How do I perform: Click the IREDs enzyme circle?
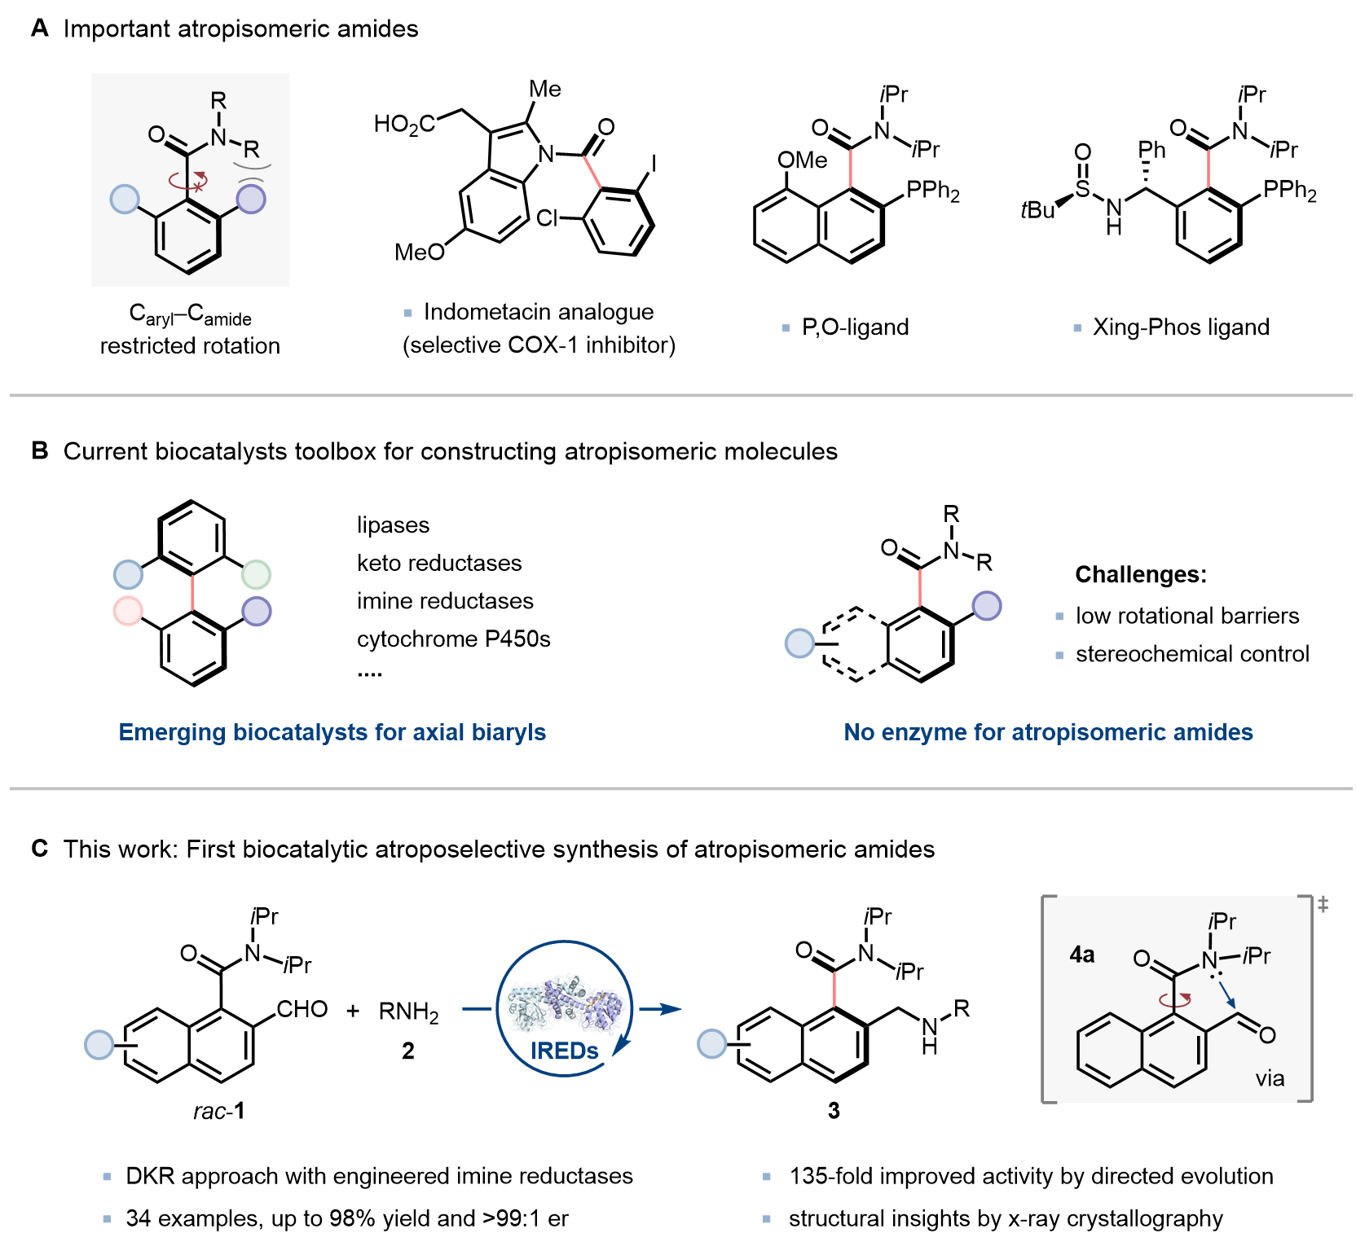tap(564, 1009)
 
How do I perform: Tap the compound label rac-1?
tap(218, 1111)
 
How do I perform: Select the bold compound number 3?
tap(833, 1111)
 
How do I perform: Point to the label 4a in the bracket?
tap(1081, 955)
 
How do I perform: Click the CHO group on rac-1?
tap(302, 1010)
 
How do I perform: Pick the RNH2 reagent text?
tap(408, 1012)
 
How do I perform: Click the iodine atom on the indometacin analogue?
tap(653, 165)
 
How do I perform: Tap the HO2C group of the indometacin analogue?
tap(404, 125)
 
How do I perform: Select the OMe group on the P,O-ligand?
tap(802, 160)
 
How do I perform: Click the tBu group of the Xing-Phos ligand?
tap(1037, 211)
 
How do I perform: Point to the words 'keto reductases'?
tap(439, 563)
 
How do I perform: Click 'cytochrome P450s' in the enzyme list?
tap(453, 639)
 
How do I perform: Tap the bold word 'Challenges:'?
tap(1140, 575)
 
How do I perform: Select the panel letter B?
tap(40, 451)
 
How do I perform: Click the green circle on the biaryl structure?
tap(257, 575)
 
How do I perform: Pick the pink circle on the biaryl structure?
tap(128, 611)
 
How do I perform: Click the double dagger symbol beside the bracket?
tap(1323, 904)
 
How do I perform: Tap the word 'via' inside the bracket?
tap(1270, 1079)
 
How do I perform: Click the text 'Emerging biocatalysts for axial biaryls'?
tap(332, 732)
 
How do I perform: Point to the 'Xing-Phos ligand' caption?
tap(1181, 327)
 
